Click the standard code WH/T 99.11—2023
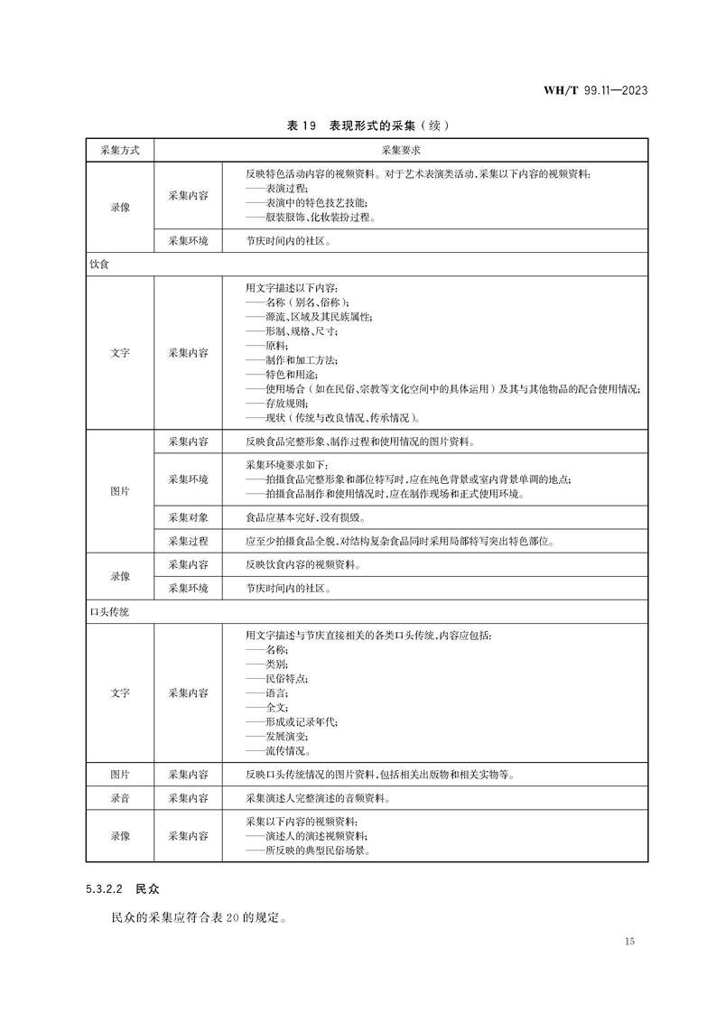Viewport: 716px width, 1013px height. (595, 90)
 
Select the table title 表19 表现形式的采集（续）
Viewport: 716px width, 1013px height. (367, 125)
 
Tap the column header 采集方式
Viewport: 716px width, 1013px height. (121, 150)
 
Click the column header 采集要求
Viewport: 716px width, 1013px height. (401, 150)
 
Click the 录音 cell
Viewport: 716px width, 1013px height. (121, 798)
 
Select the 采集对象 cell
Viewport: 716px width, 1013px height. (189, 517)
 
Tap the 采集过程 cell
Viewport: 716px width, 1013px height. (189, 541)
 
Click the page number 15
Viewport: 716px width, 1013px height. (629, 942)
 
